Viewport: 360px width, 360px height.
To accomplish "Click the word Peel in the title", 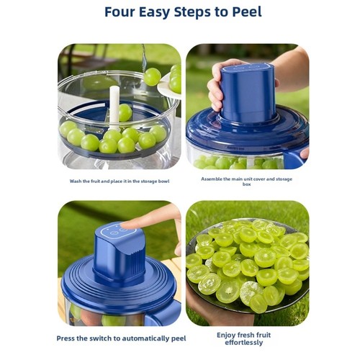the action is tap(247, 12).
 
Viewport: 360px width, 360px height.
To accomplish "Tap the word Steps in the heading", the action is tap(192, 13).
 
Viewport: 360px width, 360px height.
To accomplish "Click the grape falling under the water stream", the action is tap(152, 77).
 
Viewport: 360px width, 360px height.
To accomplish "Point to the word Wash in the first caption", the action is tap(76, 181).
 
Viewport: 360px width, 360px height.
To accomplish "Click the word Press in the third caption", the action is tap(65, 338).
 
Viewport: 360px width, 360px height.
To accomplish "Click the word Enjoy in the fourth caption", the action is tap(226, 336).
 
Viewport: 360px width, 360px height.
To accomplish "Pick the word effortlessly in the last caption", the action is tap(244, 343).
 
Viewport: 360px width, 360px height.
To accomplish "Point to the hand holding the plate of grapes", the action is tap(216, 310).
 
